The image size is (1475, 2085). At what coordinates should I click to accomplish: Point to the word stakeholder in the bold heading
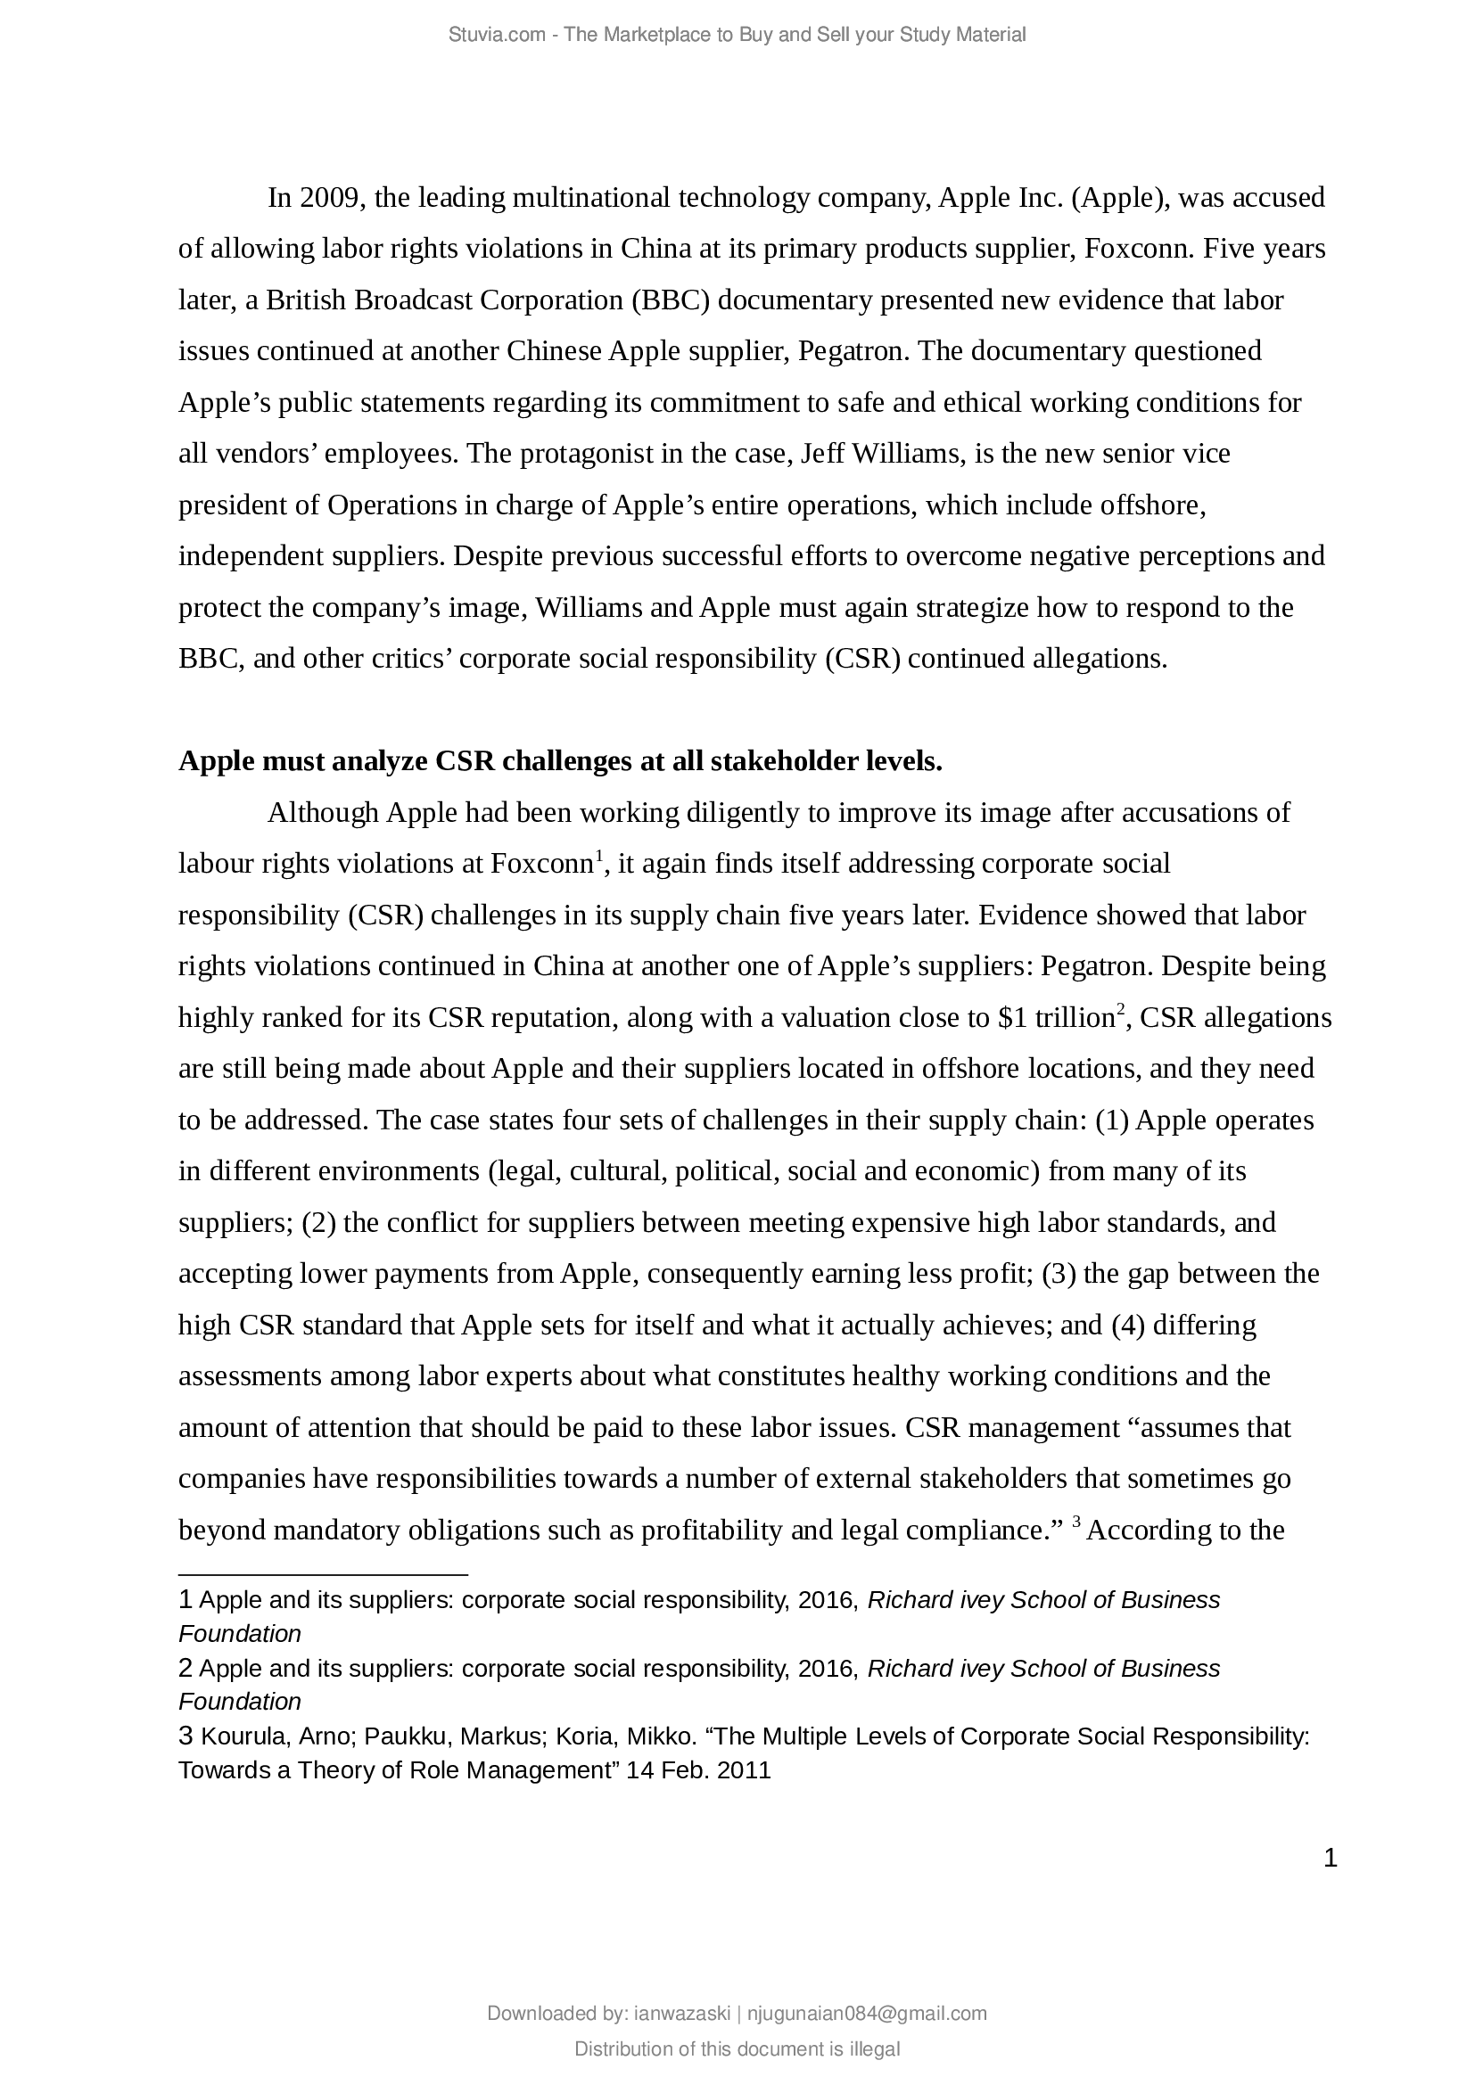point(780,761)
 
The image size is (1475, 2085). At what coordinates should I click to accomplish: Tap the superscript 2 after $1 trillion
point(1121,1008)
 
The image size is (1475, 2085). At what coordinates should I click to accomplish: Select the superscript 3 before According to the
point(1076,1521)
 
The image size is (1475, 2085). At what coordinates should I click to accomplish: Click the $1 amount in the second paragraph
point(1013,1017)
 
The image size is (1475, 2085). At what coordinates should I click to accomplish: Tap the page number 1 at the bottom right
point(1331,1859)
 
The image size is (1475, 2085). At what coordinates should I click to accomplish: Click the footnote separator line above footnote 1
point(323,1573)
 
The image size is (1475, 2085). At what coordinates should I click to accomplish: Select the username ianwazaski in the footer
point(681,2014)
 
